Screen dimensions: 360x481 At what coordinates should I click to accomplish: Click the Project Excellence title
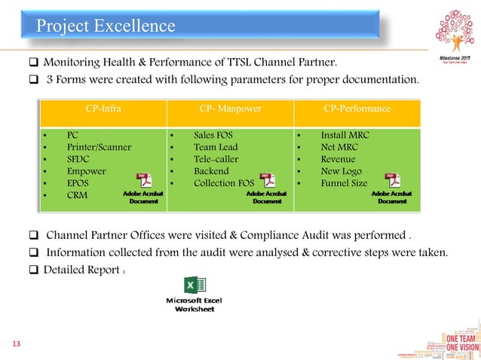(x=106, y=27)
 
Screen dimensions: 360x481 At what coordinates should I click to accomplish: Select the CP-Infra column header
(x=103, y=108)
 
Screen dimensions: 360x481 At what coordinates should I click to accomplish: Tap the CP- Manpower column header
(x=230, y=108)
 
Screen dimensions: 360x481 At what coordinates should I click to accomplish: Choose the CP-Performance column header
(x=357, y=108)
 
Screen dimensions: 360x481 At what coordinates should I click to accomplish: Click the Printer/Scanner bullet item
(x=99, y=148)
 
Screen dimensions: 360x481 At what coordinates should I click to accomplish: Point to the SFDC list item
(x=80, y=160)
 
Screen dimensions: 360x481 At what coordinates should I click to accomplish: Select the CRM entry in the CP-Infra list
(x=78, y=196)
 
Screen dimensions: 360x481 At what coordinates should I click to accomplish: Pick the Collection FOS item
(x=225, y=184)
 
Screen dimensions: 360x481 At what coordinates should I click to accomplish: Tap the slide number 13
(x=16, y=344)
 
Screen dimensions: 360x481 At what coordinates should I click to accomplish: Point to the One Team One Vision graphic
(x=457, y=343)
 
